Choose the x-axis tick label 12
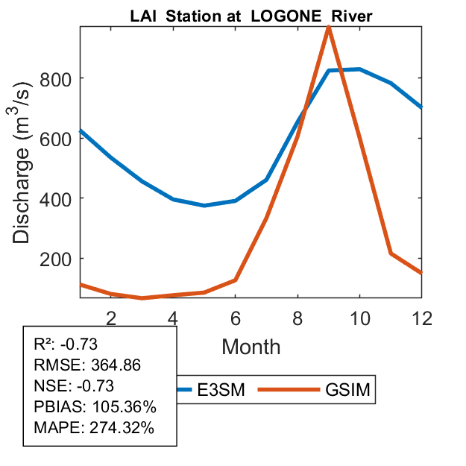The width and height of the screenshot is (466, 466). click(421, 318)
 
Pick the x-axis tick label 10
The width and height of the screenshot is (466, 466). click(359, 318)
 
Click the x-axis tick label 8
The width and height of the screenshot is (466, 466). click(297, 318)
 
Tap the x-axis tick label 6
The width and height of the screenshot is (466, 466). click(236, 318)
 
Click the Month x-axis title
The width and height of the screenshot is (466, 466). click(251, 347)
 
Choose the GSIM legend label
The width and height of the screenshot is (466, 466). click(347, 389)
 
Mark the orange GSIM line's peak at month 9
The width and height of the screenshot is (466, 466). click(329, 28)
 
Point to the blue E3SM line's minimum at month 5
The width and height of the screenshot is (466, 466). click(204, 205)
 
